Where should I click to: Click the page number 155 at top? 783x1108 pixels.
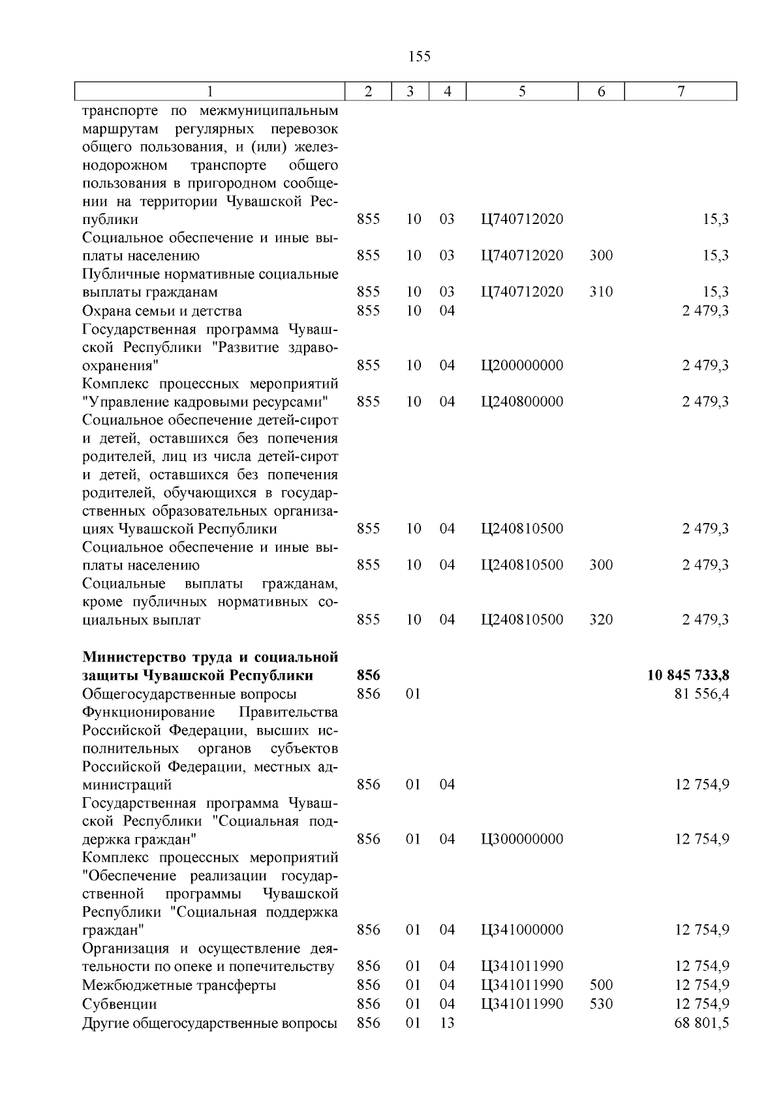click(419, 56)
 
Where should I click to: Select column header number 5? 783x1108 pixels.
click(522, 92)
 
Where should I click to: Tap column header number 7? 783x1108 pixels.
click(681, 92)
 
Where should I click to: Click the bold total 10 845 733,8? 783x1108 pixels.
click(688, 675)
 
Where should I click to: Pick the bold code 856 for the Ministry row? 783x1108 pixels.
click(369, 675)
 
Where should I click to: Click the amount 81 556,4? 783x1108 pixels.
click(701, 693)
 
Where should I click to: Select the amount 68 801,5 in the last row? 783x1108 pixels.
click(701, 1022)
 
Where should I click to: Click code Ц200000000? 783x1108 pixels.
click(522, 365)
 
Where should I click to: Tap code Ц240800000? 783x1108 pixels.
click(522, 402)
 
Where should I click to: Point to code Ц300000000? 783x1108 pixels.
click(522, 839)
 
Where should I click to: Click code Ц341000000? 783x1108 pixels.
click(522, 930)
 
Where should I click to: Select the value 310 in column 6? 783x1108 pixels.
click(601, 292)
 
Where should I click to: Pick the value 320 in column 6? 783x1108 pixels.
click(601, 620)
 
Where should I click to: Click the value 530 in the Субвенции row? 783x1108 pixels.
click(601, 1004)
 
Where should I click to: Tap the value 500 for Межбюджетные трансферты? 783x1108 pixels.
click(601, 985)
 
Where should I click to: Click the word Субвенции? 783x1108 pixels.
click(119, 1004)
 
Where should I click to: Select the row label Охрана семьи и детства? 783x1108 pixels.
click(162, 311)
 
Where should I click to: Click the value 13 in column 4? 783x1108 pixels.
click(447, 1022)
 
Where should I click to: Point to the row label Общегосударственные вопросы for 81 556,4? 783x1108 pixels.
click(189, 693)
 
